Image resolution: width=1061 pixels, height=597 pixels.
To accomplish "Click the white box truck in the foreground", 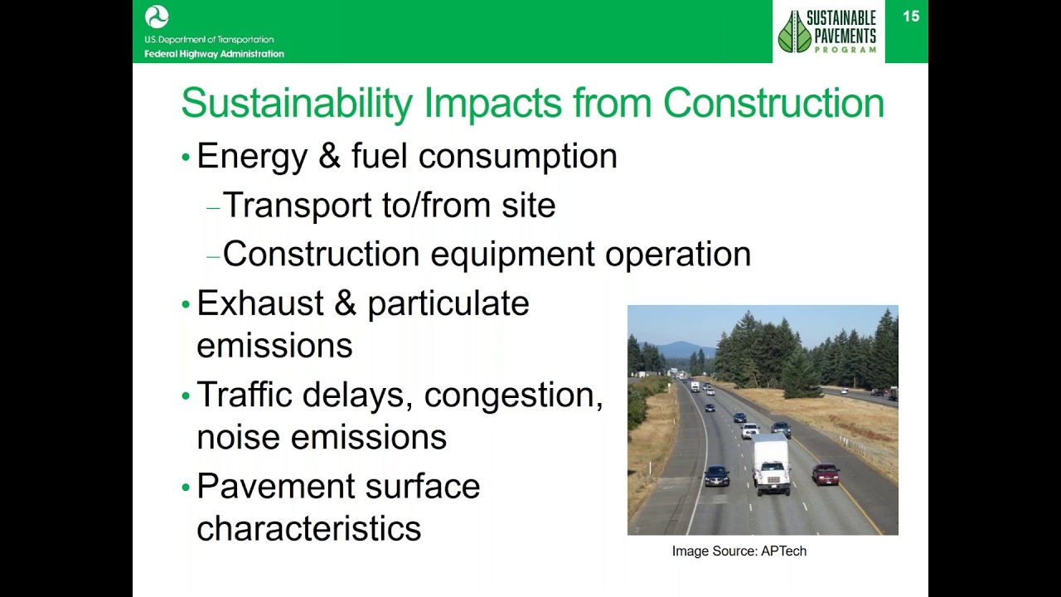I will (x=770, y=466).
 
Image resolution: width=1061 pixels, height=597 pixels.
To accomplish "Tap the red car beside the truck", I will (x=826, y=474).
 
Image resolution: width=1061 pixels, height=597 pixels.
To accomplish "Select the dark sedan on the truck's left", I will (x=717, y=476).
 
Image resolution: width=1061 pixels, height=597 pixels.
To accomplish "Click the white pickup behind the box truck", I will (x=749, y=430).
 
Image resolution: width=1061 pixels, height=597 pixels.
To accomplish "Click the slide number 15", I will (x=910, y=17).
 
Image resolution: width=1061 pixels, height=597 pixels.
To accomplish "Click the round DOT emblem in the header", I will (x=157, y=17).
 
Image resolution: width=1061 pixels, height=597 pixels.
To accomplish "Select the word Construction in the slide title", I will (x=773, y=104).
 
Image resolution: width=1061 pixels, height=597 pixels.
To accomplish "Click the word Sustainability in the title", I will (x=297, y=104).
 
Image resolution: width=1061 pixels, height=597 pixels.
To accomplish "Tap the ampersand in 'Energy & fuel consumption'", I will (x=329, y=156).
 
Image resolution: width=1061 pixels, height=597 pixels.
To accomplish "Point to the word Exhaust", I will (x=260, y=303).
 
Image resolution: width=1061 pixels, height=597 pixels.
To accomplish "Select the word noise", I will (x=238, y=437).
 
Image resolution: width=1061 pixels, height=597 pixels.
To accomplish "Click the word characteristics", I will (x=308, y=528).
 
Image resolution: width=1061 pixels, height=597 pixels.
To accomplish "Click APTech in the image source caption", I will (x=783, y=551).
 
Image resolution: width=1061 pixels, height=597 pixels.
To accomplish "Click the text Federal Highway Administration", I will (x=214, y=54).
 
